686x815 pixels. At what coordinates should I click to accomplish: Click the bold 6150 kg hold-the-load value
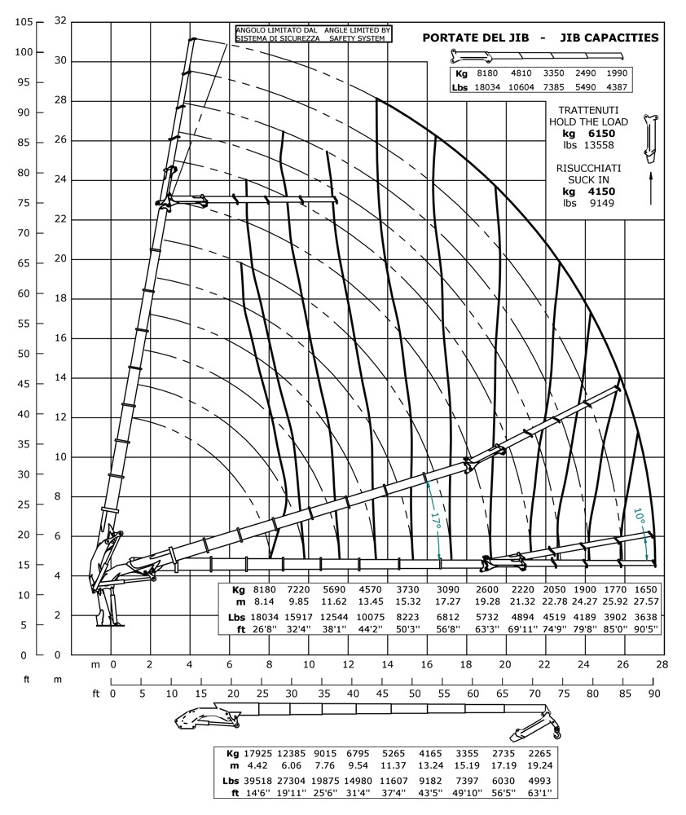[x=600, y=134]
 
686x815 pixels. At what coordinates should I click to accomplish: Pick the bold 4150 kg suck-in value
[x=600, y=191]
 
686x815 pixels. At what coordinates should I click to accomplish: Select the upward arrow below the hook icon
[x=652, y=187]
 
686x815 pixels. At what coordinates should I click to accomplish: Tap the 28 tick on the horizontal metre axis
[x=661, y=665]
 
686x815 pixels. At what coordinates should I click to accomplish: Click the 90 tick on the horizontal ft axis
[x=653, y=694]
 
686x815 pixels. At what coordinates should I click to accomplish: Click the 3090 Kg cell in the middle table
[x=449, y=588]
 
